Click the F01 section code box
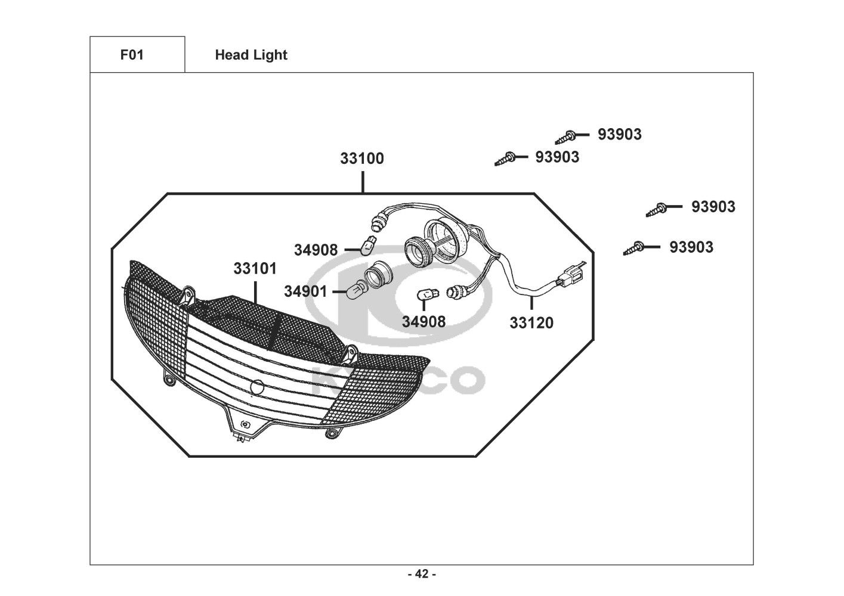coord(137,55)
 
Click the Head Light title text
coord(251,55)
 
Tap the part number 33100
coord(362,159)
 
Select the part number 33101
coord(255,268)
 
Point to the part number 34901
coord(305,291)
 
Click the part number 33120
coord(531,323)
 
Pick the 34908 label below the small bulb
coord(423,322)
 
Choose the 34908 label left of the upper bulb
coord(316,250)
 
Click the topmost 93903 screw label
coord(620,135)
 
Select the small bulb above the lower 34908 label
coord(428,294)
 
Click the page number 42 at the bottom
coord(422,574)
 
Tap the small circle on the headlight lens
coord(257,387)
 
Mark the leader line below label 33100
coord(363,182)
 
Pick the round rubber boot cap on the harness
coord(447,239)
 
